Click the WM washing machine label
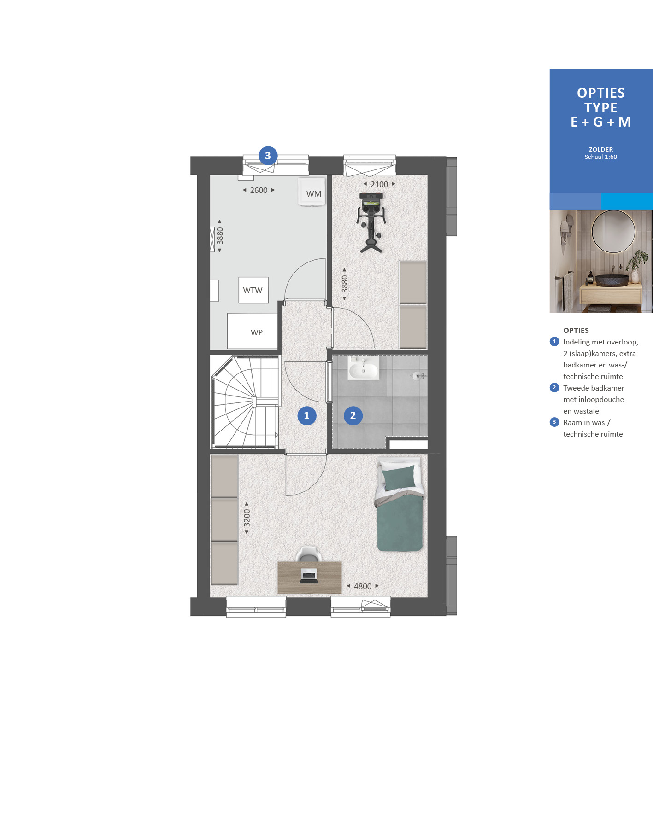pyautogui.click(x=314, y=194)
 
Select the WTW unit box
pyautogui.click(x=253, y=290)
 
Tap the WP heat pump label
pyautogui.click(x=257, y=332)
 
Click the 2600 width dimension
pyautogui.click(x=259, y=190)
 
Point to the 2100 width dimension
pyautogui.click(x=379, y=184)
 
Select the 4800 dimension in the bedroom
pyautogui.click(x=363, y=586)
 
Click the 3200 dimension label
pyautogui.click(x=247, y=518)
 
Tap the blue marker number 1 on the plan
pyautogui.click(x=307, y=415)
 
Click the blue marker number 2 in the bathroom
pyautogui.click(x=353, y=415)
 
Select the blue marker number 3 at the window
pyautogui.click(x=268, y=156)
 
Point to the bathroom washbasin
pyautogui.click(x=363, y=368)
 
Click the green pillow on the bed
pyautogui.click(x=399, y=478)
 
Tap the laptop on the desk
pyautogui.click(x=309, y=576)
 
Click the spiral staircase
pyautogui.click(x=245, y=402)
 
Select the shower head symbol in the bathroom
pyautogui.click(x=418, y=376)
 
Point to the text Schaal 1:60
pyautogui.click(x=601, y=157)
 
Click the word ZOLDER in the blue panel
pyautogui.click(x=601, y=149)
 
